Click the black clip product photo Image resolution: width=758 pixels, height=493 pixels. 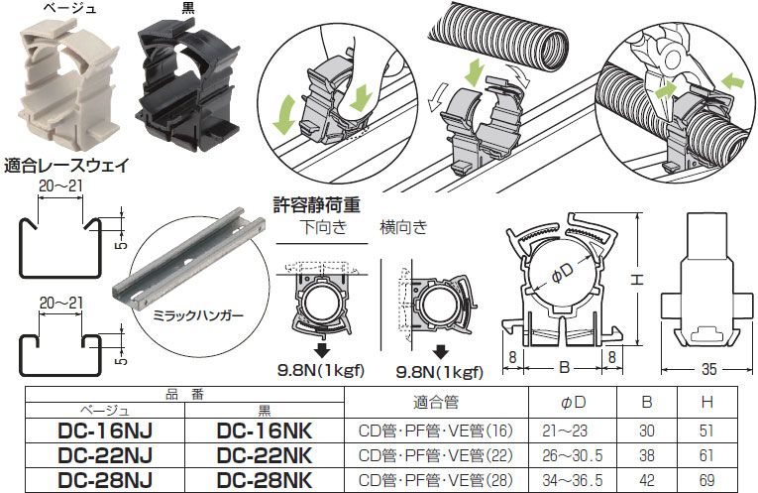[187, 84]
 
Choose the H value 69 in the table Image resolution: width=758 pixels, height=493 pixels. [707, 479]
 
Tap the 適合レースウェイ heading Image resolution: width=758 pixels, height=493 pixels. [66, 166]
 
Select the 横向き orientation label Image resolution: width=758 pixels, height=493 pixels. [403, 228]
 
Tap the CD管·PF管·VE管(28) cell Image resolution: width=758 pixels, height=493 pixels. [433, 479]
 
